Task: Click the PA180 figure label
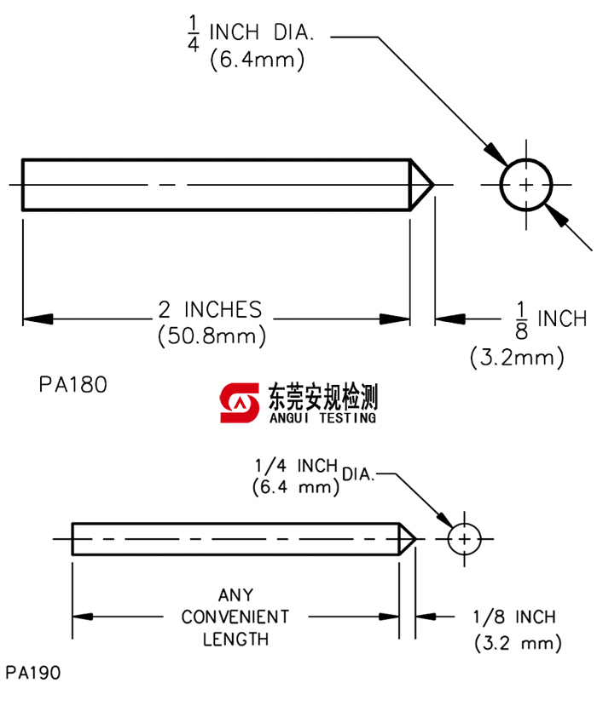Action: (72, 385)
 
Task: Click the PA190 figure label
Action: (32, 673)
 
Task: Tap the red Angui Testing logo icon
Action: (239, 401)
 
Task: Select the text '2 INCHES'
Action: (211, 309)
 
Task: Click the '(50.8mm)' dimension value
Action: (212, 336)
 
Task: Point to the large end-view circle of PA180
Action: (525, 184)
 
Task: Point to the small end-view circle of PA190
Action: (464, 539)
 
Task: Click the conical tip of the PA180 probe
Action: (422, 184)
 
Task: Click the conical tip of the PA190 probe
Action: (408, 539)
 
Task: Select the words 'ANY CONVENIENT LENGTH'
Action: (235, 617)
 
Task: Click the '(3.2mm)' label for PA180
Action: (517, 357)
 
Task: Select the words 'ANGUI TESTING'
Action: (322, 417)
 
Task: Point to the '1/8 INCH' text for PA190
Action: (513, 617)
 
